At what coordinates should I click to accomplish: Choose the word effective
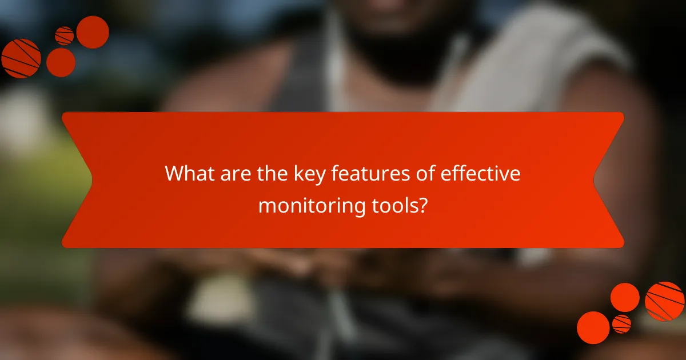[481, 174]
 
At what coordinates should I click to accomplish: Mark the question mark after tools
[422, 205]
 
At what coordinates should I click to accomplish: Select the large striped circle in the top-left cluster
[21, 58]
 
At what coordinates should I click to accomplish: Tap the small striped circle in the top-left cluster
[64, 35]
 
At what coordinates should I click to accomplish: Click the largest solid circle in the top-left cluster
[93, 32]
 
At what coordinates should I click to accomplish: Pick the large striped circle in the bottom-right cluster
[664, 301]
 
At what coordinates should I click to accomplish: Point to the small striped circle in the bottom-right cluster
[621, 323]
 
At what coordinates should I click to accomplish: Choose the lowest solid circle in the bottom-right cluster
[593, 327]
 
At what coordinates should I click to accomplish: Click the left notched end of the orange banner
[77, 180]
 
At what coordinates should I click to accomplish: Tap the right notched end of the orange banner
[609, 180]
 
